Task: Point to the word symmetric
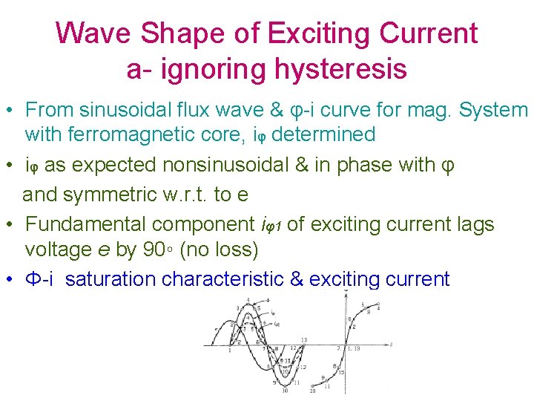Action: (x=119, y=194)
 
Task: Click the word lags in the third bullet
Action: (x=474, y=224)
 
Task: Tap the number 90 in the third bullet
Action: (x=154, y=250)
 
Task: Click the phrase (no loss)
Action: (x=220, y=250)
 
